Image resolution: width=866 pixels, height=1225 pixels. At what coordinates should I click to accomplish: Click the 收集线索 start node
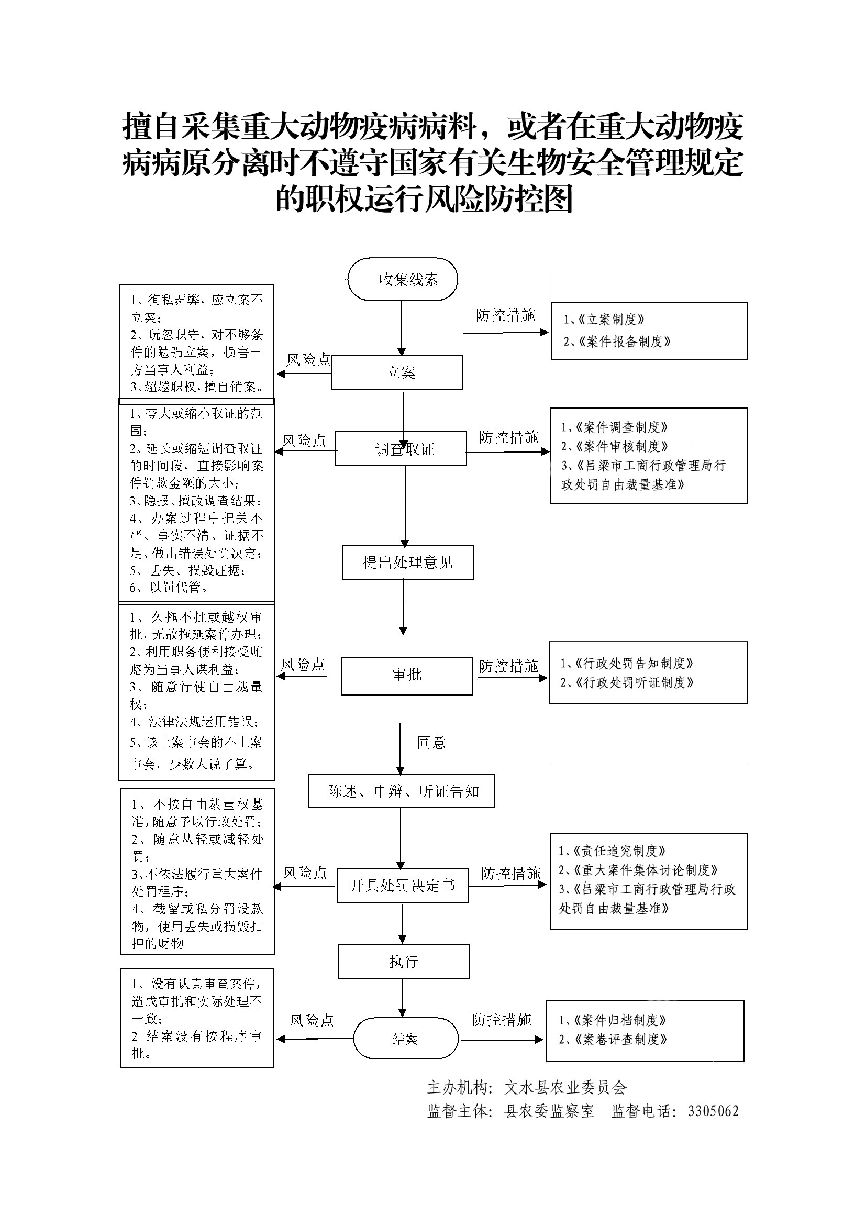[x=403, y=279]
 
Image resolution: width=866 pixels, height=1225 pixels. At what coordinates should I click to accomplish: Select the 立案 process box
[x=397, y=372]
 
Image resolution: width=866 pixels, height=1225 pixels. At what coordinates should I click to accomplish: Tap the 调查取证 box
[x=401, y=449]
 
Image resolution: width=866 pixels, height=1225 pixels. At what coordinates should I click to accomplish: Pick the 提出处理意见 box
[x=407, y=562]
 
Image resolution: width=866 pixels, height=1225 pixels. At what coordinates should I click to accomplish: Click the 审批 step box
[x=406, y=676]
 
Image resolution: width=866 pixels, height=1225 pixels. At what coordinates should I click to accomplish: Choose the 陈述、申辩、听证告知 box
[x=401, y=791]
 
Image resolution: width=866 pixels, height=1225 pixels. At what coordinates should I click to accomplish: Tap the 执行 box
[x=403, y=962]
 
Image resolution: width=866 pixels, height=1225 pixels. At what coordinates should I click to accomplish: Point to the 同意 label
[x=431, y=742]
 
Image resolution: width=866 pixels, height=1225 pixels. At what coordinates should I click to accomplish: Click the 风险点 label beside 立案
[x=308, y=360]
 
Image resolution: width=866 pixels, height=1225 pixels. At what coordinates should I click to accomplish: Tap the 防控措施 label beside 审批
[x=508, y=666]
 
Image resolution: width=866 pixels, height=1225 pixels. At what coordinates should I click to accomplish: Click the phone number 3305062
[x=713, y=1111]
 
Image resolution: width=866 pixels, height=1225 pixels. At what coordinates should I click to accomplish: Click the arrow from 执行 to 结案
[x=403, y=997]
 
